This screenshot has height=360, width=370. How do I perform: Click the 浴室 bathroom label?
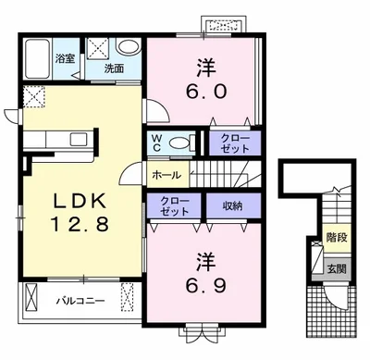point(65,58)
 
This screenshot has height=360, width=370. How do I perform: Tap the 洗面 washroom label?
point(114,68)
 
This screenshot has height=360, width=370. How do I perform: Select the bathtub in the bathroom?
point(37,58)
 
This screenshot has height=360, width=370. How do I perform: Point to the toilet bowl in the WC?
point(179,143)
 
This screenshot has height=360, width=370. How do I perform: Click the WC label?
point(156,143)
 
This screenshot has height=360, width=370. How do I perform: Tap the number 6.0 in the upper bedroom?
point(206,91)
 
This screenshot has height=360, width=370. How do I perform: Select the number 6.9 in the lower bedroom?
point(206,286)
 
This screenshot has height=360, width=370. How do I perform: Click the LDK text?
point(80,202)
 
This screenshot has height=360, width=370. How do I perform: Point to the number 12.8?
point(80,224)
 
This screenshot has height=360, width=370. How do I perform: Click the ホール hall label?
point(166,175)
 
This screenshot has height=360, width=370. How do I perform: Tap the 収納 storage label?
point(232,205)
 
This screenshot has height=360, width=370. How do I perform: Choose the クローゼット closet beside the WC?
point(235,143)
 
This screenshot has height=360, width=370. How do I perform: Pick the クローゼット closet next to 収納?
point(174,206)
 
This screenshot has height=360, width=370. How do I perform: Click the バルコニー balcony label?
point(80,301)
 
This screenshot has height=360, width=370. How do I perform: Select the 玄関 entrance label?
point(337,269)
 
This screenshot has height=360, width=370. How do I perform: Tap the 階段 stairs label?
point(337,237)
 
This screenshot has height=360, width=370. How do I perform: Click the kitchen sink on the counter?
point(79,140)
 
